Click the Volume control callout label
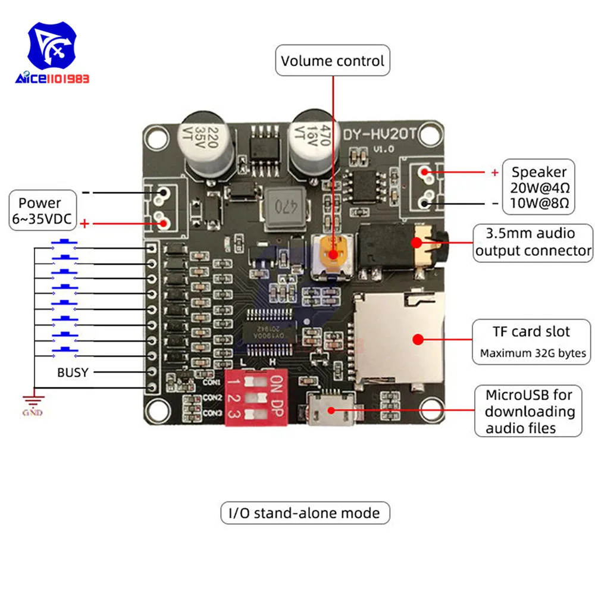[333, 61]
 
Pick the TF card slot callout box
[532, 342]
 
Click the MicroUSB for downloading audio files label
[528, 411]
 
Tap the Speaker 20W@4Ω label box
[539, 187]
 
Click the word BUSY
[73, 372]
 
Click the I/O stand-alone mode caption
[304, 512]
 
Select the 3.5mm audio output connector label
[533, 242]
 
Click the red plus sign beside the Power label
[85, 224]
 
